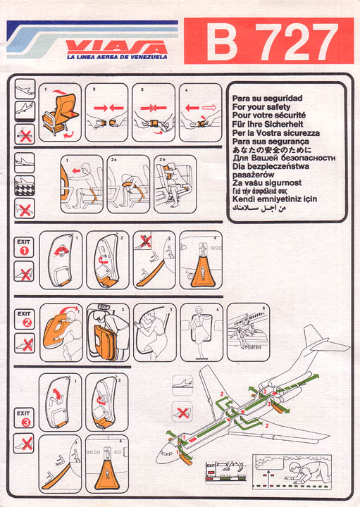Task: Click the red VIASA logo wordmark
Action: point(117,48)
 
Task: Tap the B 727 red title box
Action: point(268,41)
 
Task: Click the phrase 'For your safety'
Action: point(261,107)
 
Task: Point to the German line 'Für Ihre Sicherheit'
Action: point(268,124)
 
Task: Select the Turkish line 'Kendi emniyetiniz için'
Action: point(274,199)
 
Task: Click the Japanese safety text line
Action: point(272,150)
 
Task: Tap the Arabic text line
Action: point(259,208)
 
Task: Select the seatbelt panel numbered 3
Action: point(154,113)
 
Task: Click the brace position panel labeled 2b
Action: point(175,184)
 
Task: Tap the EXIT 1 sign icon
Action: point(24,247)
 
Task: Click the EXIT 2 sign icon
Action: point(24,319)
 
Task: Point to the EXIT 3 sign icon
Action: point(24,418)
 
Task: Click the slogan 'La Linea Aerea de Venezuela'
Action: point(117,57)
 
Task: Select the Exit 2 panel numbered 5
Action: point(248,332)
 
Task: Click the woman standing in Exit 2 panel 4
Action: point(199,332)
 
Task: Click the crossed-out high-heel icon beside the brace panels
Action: point(25,208)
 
